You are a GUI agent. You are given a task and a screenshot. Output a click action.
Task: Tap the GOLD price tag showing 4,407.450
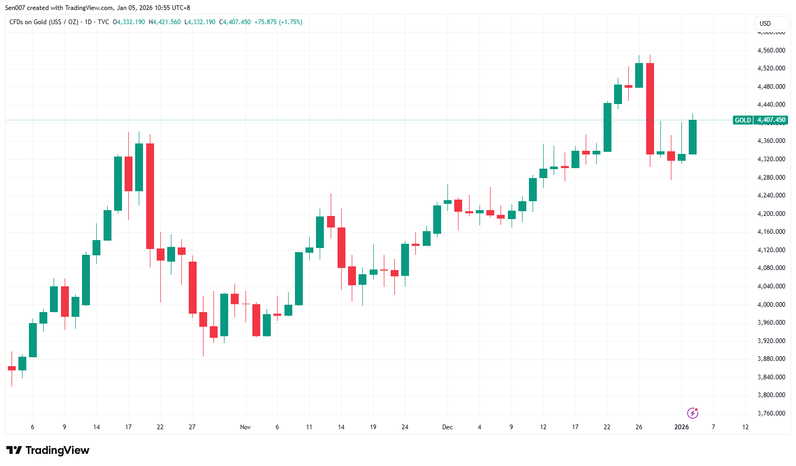point(760,120)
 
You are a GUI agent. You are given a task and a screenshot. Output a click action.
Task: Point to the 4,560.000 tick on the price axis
point(771,50)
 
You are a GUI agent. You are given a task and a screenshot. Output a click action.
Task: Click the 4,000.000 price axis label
point(771,305)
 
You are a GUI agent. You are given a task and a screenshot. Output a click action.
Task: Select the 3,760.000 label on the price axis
point(771,413)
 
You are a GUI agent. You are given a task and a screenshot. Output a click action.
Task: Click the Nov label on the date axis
point(246,427)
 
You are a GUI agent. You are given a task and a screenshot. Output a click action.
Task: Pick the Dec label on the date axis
point(447,427)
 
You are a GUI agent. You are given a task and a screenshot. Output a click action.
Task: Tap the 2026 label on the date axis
point(681,427)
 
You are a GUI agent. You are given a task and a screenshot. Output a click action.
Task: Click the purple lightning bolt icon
point(693,413)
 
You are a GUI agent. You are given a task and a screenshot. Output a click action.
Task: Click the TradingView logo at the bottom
point(48,450)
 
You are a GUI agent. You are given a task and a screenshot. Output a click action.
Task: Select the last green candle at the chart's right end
point(692,137)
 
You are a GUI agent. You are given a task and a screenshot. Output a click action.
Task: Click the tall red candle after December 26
point(650,109)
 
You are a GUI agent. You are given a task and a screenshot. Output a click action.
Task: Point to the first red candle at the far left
point(12,368)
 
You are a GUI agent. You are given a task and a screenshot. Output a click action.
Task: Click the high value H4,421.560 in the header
point(165,22)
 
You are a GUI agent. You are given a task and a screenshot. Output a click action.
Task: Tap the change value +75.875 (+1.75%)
point(278,22)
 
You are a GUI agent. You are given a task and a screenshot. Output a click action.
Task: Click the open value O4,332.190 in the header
point(129,22)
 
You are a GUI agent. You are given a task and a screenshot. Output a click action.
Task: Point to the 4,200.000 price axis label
point(771,214)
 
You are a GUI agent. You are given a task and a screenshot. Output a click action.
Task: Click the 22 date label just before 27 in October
point(160,427)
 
